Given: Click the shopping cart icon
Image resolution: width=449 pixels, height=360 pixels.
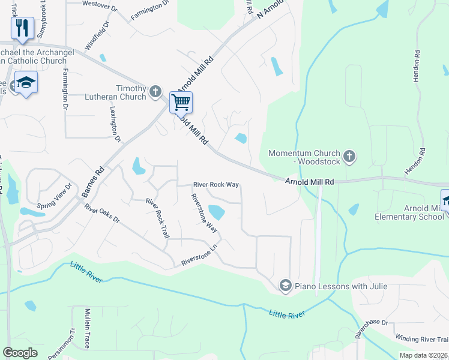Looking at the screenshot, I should pyautogui.click(x=181, y=102).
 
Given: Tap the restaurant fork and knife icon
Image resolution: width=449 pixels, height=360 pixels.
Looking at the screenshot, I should pyautogui.click(x=22, y=28).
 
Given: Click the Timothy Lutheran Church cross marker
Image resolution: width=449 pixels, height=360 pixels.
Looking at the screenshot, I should pyautogui.click(x=155, y=91).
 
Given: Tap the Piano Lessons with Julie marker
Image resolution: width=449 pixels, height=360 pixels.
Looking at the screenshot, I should pyautogui.click(x=285, y=286).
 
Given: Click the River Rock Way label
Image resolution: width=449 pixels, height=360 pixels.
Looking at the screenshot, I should pyautogui.click(x=215, y=185).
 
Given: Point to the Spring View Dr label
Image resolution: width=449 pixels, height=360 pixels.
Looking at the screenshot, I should pyautogui.click(x=55, y=195).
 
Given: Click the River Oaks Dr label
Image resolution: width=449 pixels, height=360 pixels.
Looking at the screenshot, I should pyautogui.click(x=102, y=215).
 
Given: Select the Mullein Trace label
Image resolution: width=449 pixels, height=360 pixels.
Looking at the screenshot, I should pyautogui.click(x=88, y=329).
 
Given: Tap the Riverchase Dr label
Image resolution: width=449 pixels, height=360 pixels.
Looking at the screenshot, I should pyautogui.click(x=372, y=330).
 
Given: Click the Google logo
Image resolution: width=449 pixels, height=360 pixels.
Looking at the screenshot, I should pyautogui.click(x=20, y=353).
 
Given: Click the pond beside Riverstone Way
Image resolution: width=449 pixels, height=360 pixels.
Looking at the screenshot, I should pyautogui.click(x=216, y=212).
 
